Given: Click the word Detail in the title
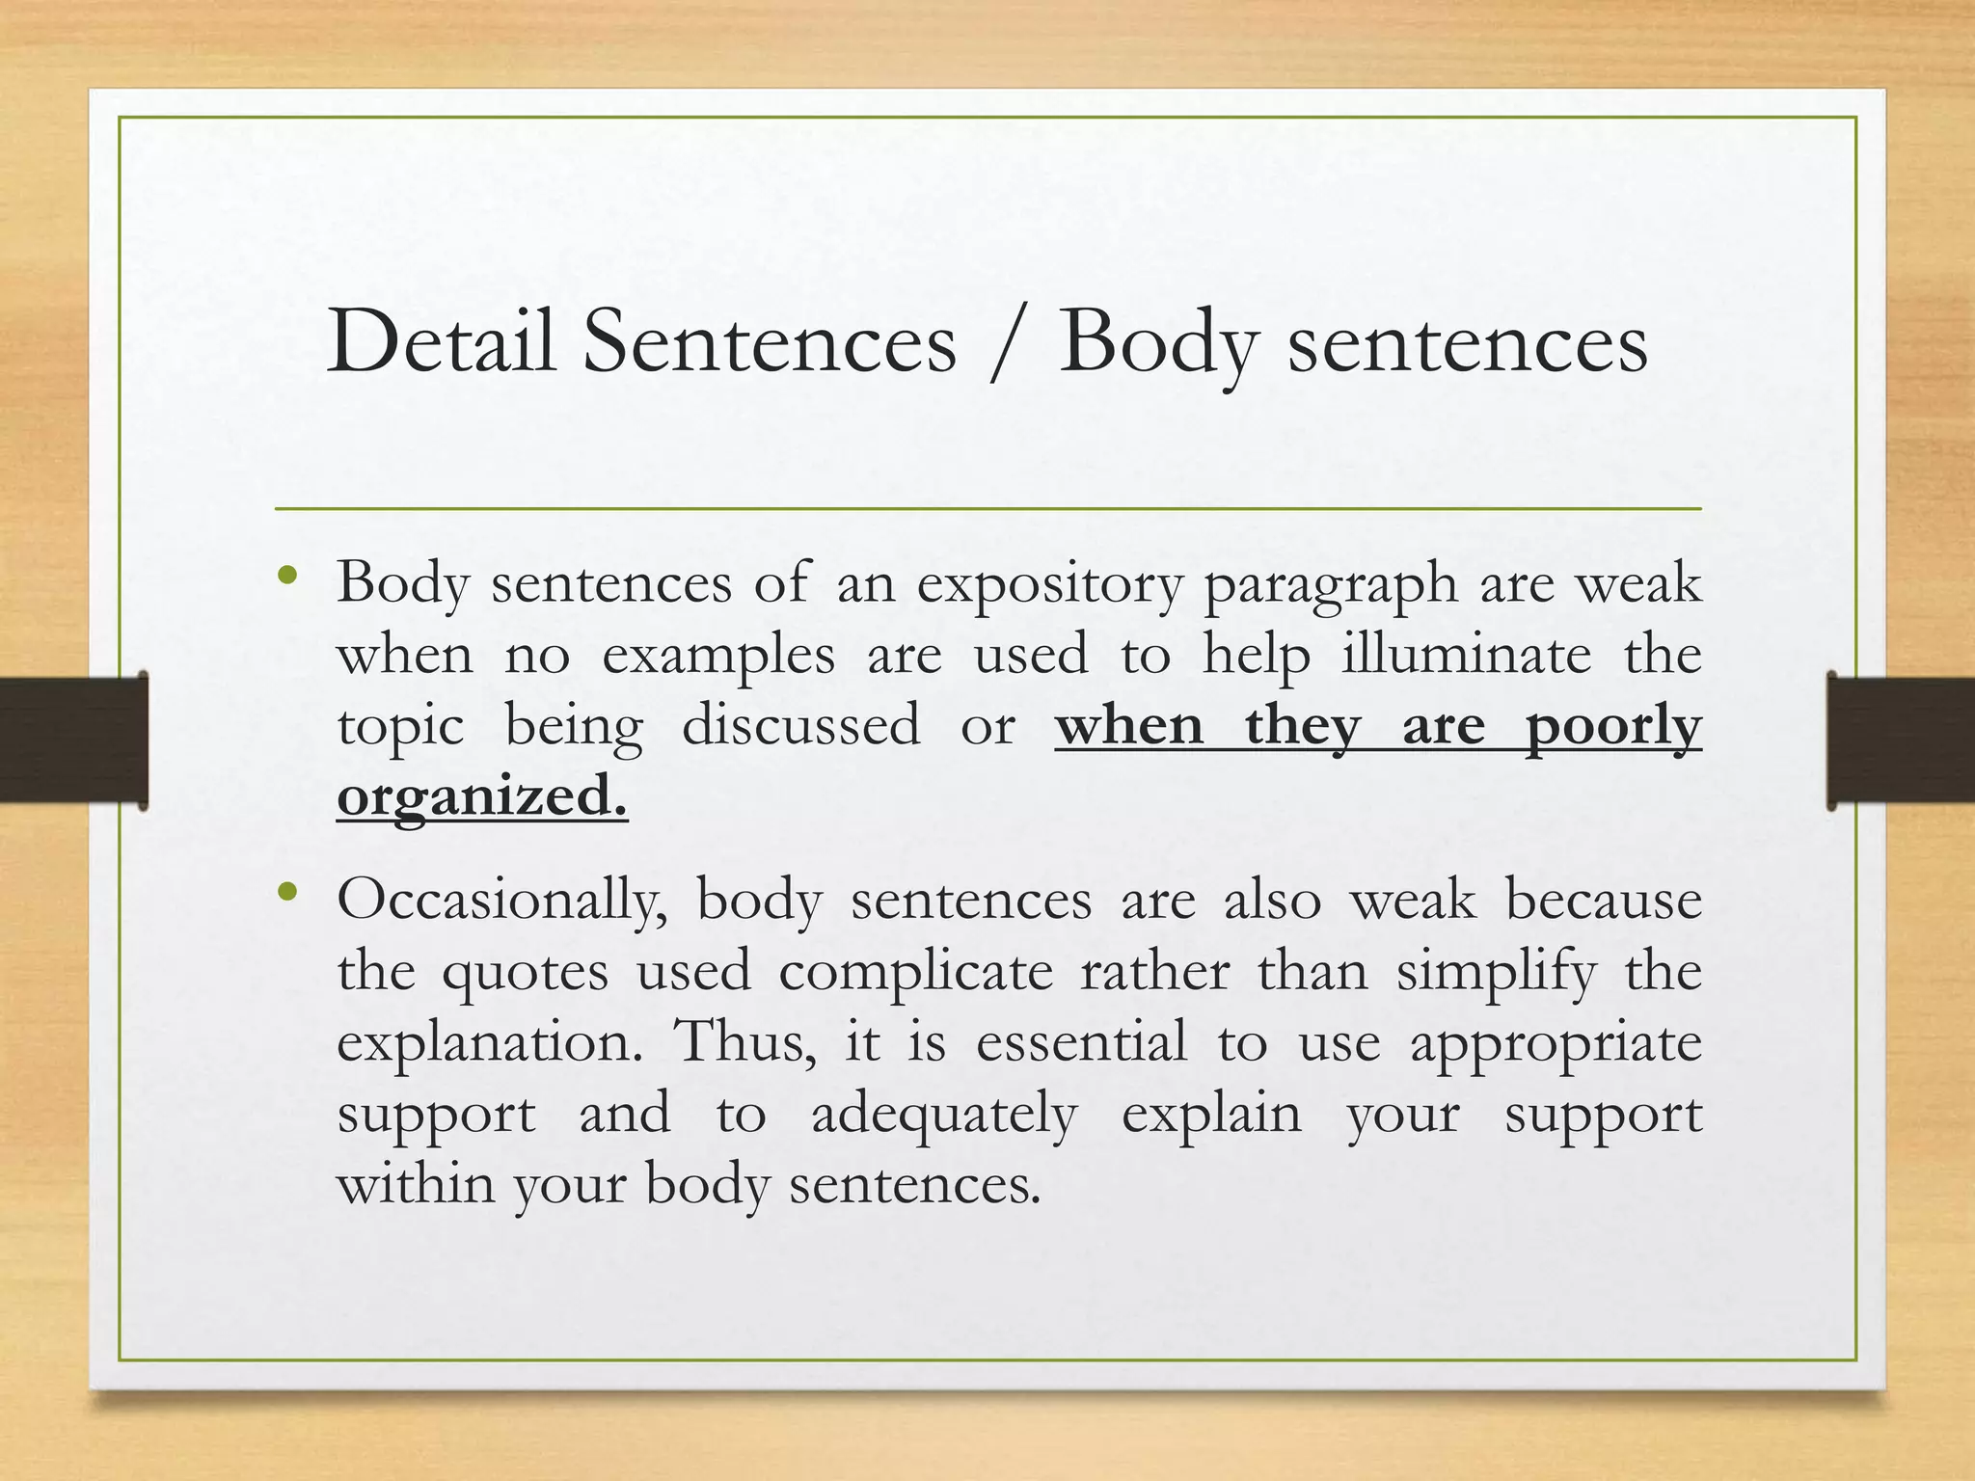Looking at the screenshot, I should (x=441, y=342).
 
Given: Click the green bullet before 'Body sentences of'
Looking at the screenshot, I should (x=285, y=577).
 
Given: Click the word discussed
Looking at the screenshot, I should (x=800, y=725).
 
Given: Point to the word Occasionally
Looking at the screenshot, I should (x=501, y=902).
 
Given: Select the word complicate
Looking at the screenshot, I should (x=915, y=972).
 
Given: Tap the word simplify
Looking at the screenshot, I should (x=1496, y=972).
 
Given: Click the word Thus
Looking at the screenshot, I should (x=744, y=1042).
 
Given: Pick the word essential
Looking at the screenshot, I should (x=1081, y=1042).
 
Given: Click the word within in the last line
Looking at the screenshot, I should (x=415, y=1183).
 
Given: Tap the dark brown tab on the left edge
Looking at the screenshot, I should (x=73, y=740).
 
